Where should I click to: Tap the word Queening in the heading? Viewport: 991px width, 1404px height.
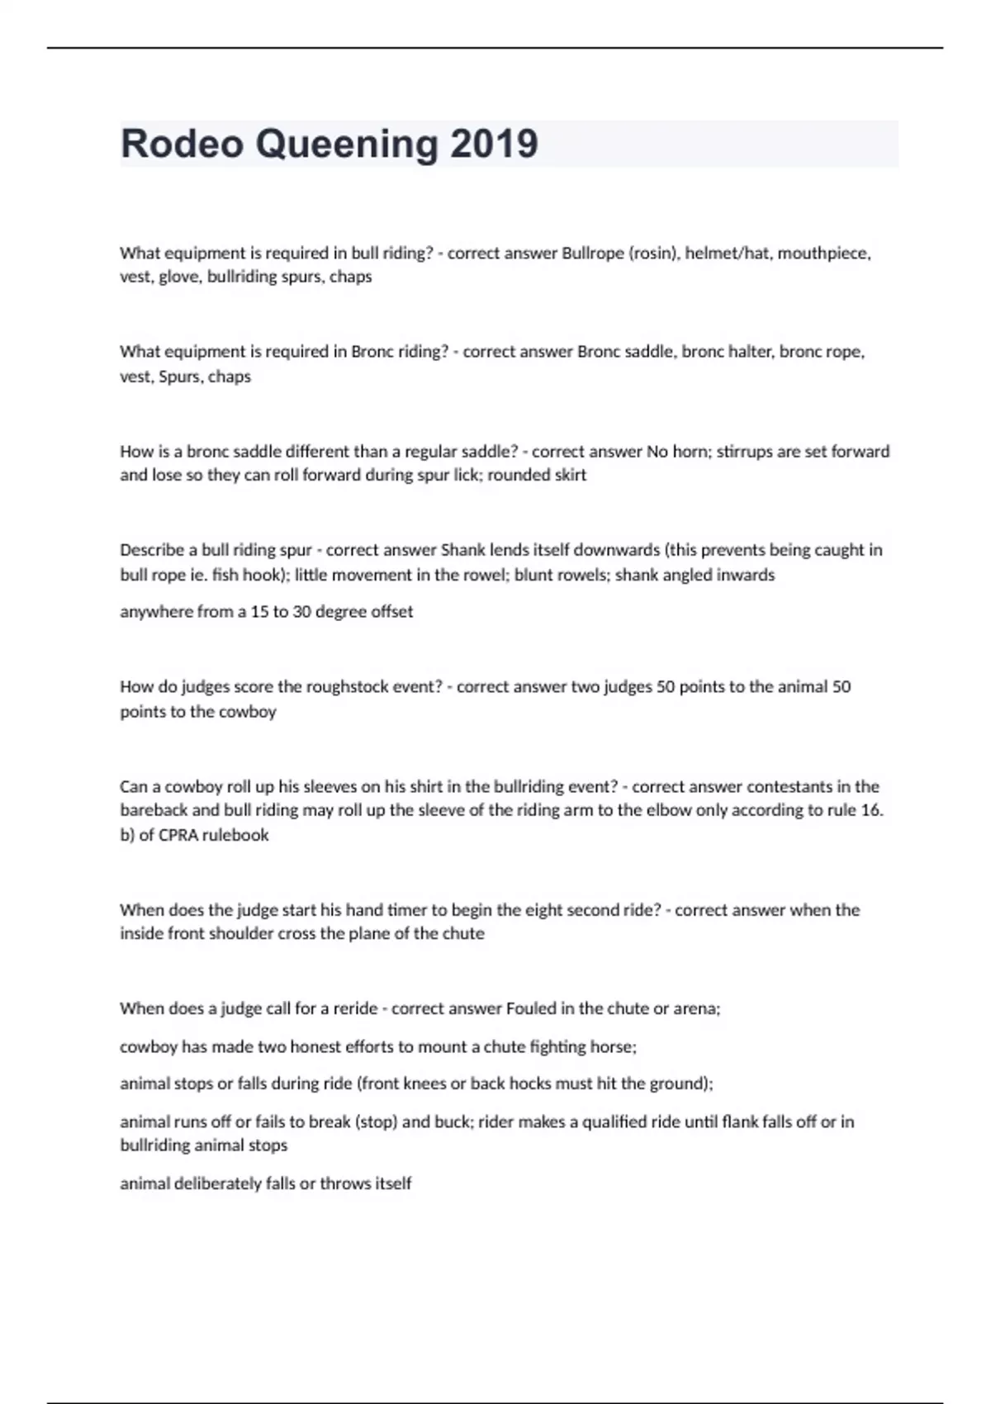[347, 144]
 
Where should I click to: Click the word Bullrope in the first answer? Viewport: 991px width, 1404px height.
[593, 253]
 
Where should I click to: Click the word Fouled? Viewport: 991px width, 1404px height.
[532, 1008]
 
